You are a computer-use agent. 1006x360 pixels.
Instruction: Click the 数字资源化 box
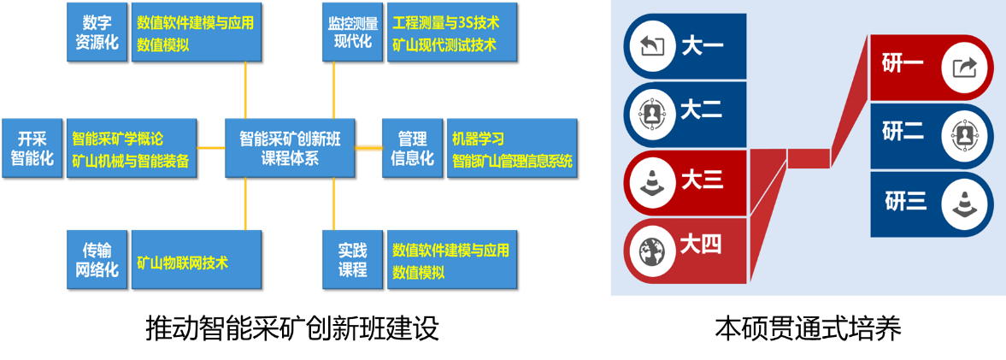click(x=97, y=32)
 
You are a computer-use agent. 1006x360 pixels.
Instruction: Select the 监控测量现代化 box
click(x=352, y=32)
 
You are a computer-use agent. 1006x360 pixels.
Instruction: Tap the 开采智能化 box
click(x=32, y=148)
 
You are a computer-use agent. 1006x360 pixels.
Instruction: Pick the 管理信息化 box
click(x=412, y=148)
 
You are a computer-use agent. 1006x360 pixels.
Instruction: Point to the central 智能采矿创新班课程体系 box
click(x=289, y=148)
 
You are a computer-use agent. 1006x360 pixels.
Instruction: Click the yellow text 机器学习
click(x=478, y=138)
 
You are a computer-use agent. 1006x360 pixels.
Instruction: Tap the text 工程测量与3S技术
click(x=445, y=22)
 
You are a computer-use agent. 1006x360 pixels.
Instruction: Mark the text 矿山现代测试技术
click(x=444, y=44)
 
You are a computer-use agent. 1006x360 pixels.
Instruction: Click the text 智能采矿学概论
click(x=118, y=138)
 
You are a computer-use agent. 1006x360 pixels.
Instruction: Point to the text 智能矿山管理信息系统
click(x=512, y=160)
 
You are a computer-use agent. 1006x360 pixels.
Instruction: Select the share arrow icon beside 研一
click(x=964, y=67)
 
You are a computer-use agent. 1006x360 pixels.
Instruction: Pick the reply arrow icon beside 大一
click(x=652, y=45)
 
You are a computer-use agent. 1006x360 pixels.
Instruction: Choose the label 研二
click(x=903, y=133)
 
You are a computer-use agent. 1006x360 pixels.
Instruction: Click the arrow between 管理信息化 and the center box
click(x=368, y=148)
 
